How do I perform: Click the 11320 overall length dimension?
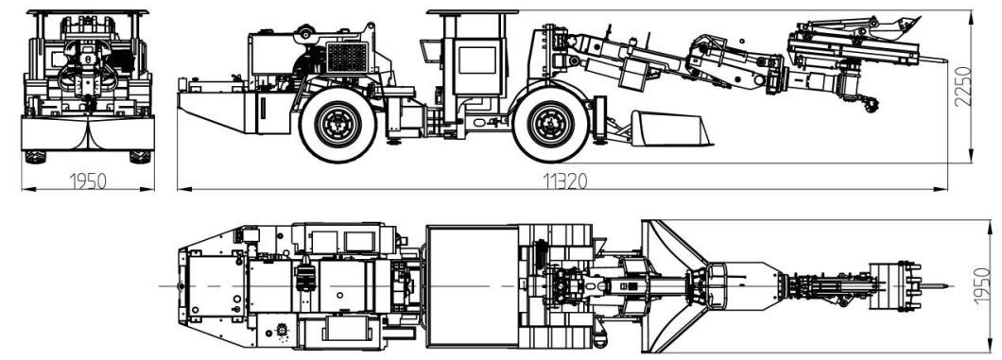click(565, 181)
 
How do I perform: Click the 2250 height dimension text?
click(962, 86)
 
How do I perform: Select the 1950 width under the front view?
click(88, 181)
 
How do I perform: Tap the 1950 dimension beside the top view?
click(984, 285)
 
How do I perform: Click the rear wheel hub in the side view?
click(338, 125)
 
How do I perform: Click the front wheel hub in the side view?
click(551, 125)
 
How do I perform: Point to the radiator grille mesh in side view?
click(347, 58)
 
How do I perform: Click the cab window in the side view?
click(476, 60)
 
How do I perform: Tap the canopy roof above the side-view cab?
click(473, 12)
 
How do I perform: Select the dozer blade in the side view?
click(671, 129)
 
